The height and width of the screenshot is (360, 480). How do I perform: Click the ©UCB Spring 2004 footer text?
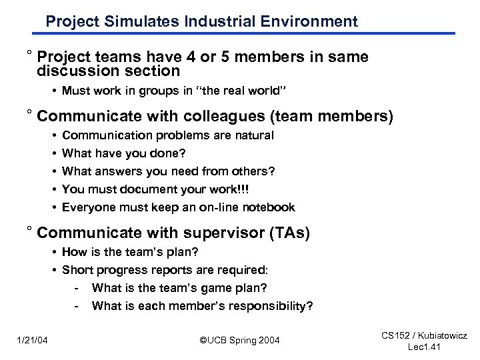pyautogui.click(x=240, y=341)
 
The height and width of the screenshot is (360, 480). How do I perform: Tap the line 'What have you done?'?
pyautogui.click(x=115, y=153)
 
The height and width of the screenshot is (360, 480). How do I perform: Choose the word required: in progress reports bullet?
pyautogui.click(x=244, y=270)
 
